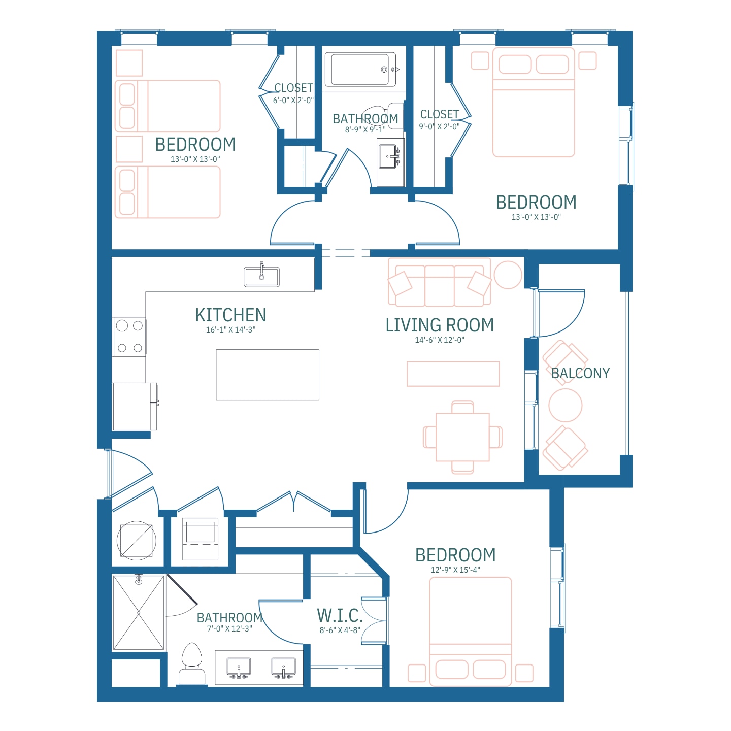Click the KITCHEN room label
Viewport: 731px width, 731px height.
pyautogui.click(x=230, y=315)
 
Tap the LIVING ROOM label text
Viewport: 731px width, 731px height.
pyautogui.click(x=440, y=325)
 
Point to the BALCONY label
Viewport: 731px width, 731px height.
pyautogui.click(x=580, y=373)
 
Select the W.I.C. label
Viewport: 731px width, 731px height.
pyautogui.click(x=340, y=616)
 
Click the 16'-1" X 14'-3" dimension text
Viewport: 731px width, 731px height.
pyautogui.click(x=230, y=330)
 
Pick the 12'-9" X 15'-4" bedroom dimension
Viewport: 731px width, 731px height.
pyautogui.click(x=455, y=570)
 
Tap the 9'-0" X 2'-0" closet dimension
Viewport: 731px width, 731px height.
pyautogui.click(x=439, y=127)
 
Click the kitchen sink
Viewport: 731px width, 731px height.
pyautogui.click(x=262, y=276)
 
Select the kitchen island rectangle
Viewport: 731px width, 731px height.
pyautogui.click(x=268, y=375)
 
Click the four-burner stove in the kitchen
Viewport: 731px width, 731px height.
pyautogui.click(x=129, y=337)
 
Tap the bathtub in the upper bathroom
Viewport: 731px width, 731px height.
pyautogui.click(x=360, y=70)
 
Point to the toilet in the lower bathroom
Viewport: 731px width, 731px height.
pyautogui.click(x=192, y=664)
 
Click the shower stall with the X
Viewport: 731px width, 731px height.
pyautogui.click(x=139, y=613)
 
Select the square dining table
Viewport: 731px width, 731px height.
pyautogui.click(x=462, y=437)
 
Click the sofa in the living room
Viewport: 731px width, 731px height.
pyautogui.click(x=439, y=282)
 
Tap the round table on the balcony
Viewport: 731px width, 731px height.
pyautogui.click(x=565, y=405)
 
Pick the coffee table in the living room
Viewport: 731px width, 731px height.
pyautogui.click(x=453, y=374)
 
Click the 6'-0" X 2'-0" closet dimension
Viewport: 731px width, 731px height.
pyautogui.click(x=293, y=101)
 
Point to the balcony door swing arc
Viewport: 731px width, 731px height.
pyautogui.click(x=573, y=323)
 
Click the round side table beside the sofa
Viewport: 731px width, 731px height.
pyautogui.click(x=508, y=275)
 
